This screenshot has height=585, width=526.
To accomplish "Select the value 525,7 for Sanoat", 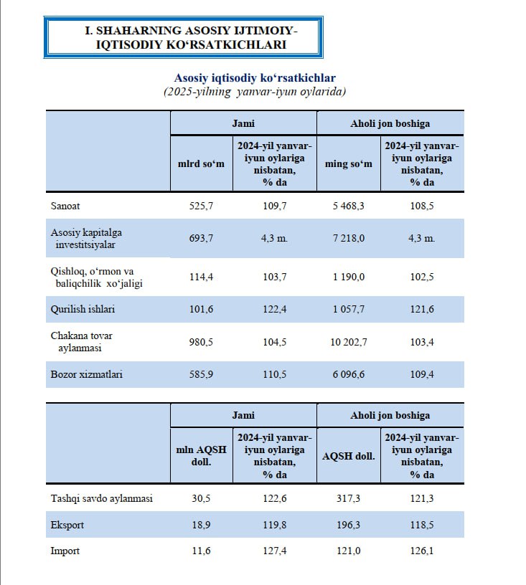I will [x=201, y=206].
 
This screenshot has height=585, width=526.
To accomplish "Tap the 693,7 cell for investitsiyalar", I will [x=201, y=238].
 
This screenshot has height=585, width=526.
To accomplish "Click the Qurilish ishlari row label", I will [x=82, y=310].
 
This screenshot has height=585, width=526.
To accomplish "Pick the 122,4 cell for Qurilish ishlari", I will [x=274, y=310].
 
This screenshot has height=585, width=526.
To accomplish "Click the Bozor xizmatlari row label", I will [x=86, y=374].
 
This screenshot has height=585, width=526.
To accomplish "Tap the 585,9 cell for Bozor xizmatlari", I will [x=201, y=374].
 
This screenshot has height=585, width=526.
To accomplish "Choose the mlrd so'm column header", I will [x=201, y=164].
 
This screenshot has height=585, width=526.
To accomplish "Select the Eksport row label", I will [x=67, y=525].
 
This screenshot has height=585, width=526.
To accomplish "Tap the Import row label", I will [x=65, y=551].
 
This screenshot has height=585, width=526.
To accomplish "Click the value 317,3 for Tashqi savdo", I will [x=348, y=498].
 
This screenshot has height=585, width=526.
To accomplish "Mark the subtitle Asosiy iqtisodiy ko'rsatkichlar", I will [x=255, y=77].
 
